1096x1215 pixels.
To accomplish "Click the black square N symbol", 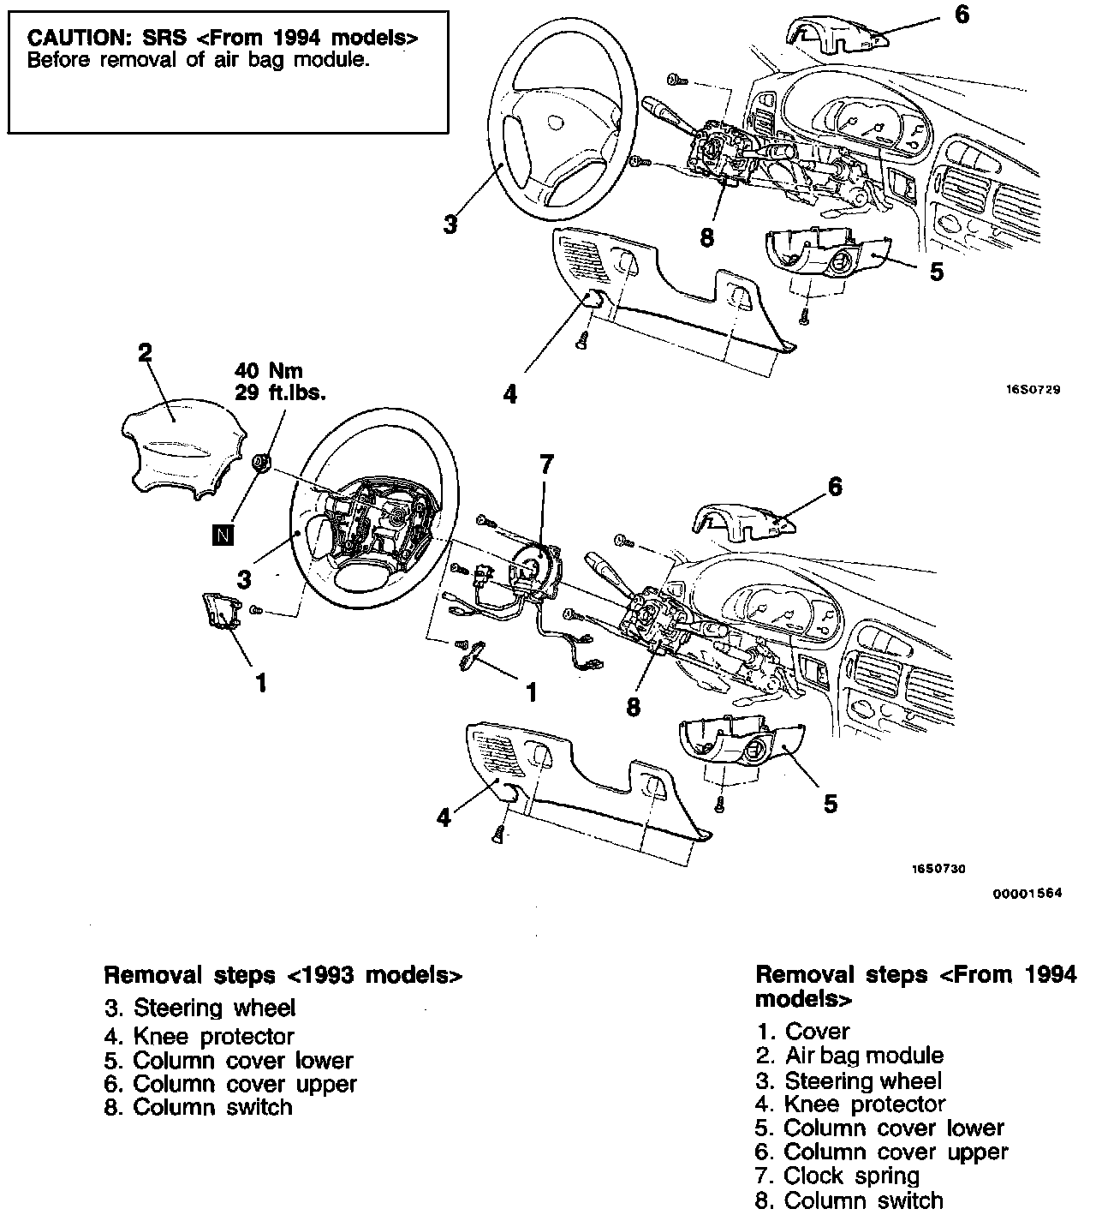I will [x=223, y=536].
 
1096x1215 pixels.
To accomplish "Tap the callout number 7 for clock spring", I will [x=545, y=465].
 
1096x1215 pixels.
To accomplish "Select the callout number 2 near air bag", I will [x=145, y=352].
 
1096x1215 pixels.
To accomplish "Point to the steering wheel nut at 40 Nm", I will [x=263, y=464].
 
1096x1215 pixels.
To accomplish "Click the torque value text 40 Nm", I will [x=269, y=371].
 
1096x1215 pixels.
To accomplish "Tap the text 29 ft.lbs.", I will [x=280, y=392].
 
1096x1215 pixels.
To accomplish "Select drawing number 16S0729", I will [x=1033, y=389].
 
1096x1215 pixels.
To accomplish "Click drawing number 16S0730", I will [x=938, y=868].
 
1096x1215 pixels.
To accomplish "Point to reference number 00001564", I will [x=1027, y=893].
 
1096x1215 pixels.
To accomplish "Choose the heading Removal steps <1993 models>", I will [x=283, y=975].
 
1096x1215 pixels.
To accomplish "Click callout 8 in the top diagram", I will [x=706, y=237].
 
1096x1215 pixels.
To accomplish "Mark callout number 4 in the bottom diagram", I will [x=444, y=818].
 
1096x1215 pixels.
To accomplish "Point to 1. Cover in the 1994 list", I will [x=803, y=1032].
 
